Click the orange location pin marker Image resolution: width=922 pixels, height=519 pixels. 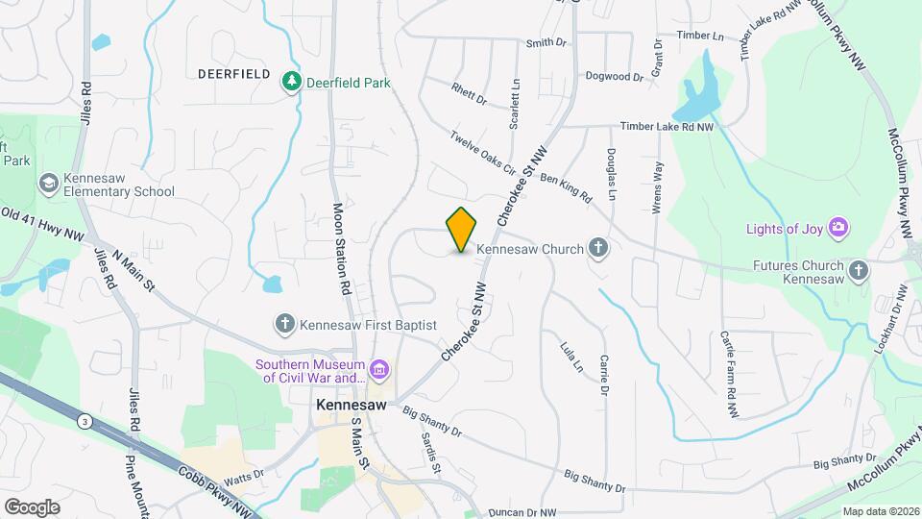point(462,229)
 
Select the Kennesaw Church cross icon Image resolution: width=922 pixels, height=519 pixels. point(598,249)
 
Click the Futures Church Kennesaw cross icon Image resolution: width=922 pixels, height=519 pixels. point(859,272)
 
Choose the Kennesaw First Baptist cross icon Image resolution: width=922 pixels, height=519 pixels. point(285,325)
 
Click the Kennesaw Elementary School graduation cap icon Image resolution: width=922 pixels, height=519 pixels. point(48,183)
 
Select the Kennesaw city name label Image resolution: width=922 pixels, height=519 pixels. point(352,406)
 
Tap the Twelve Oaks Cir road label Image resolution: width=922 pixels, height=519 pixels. point(483,151)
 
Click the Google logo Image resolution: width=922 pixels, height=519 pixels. point(32,507)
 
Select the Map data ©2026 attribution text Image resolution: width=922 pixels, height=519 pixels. point(880,511)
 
